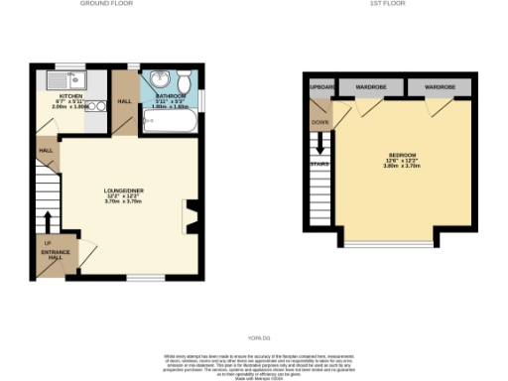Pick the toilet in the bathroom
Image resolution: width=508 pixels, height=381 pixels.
179,106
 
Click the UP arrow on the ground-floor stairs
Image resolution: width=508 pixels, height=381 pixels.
47,220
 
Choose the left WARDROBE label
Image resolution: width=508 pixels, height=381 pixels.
369,88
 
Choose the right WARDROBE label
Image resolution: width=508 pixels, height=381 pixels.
439,88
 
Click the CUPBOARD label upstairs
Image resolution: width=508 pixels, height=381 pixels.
320,88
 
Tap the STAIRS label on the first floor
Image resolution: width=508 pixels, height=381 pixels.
319,164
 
